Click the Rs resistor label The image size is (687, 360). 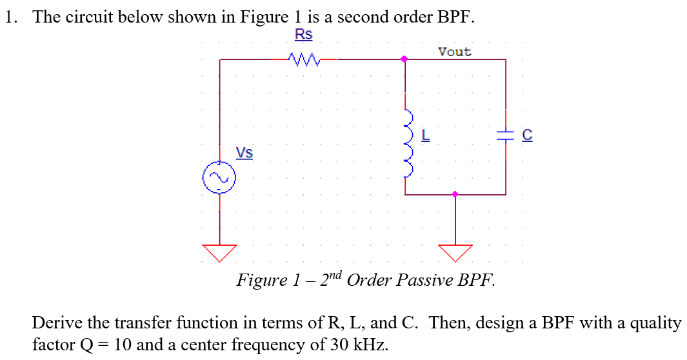303,34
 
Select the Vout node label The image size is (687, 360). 455,52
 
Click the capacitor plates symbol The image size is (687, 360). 505,135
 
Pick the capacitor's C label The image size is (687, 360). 527,135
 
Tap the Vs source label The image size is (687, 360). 244,153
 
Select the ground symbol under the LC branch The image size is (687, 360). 455,252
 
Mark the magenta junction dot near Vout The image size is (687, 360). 404,59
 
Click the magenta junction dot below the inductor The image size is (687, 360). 455,194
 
